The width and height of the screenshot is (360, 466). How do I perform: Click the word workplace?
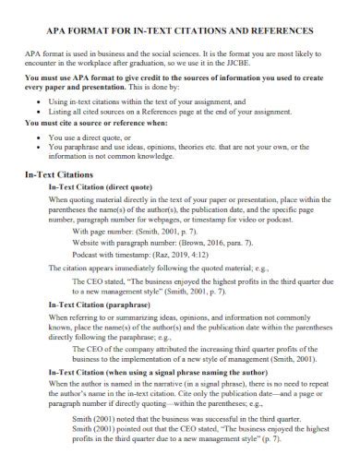pos(104,67)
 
